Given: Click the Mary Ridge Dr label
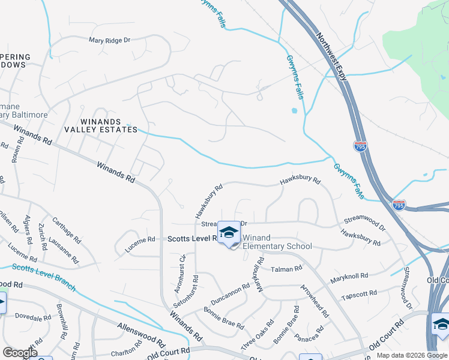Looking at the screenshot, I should click(109, 40).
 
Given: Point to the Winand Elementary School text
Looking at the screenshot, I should click(277, 242).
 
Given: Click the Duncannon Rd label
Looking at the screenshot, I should click(229, 295).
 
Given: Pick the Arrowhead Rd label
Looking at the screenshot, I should click(315, 301).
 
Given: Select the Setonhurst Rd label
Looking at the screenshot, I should click(195, 292).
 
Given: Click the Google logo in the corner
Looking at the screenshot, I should click(20, 353).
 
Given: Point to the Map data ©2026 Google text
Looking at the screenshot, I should click(411, 355).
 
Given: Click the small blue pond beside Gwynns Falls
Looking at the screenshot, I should click(294, 110).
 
